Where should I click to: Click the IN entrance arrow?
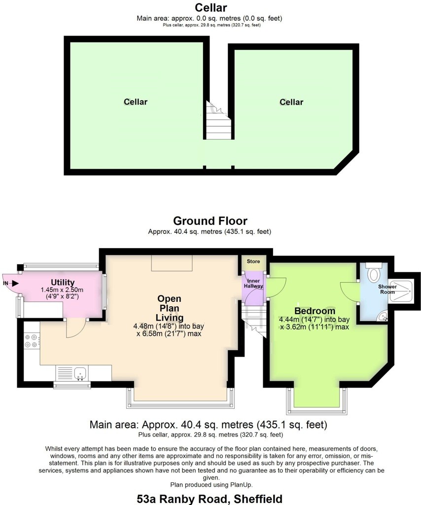15,284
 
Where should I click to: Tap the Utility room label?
63,283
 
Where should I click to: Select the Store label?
253,261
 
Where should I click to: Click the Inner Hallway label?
253,284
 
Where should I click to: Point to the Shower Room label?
387,289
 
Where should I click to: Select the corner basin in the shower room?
383,316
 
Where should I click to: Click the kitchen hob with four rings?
32,341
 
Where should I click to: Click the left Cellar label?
136,102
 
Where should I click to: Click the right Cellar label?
291,102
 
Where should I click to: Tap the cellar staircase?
218,120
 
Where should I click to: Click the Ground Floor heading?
210,221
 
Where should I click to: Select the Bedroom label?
315,311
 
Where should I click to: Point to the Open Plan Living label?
170,308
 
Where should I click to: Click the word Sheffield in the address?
258,499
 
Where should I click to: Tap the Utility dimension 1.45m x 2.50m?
62,290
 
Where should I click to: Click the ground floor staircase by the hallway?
254,321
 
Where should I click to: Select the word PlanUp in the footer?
241,485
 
